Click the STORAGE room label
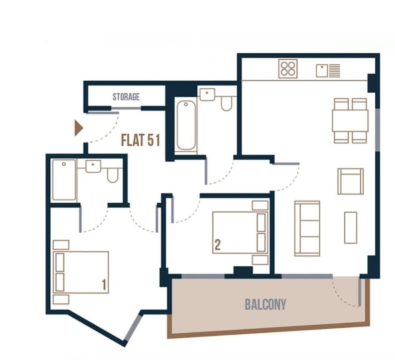pyautogui.click(x=126, y=97)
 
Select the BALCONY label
pyautogui.click(x=265, y=305)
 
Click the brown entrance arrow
pyautogui.click(x=78, y=128)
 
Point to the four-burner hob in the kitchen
pyautogui.click(x=288, y=69)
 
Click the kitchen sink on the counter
pyautogui.click(x=328, y=70)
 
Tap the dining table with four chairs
pyautogui.click(x=350, y=121)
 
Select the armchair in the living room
pyautogui.click(x=350, y=181)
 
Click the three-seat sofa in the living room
pyautogui.click(x=307, y=228)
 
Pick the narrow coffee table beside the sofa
pyautogui.click(x=350, y=227)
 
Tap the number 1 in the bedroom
pyautogui.click(x=104, y=284)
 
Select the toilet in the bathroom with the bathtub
pyautogui.click(x=227, y=102)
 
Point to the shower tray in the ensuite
pyautogui.click(x=64, y=180)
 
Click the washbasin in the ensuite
pyautogui.click(x=93, y=166)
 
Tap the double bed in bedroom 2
pyautogui.click(x=239, y=232)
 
